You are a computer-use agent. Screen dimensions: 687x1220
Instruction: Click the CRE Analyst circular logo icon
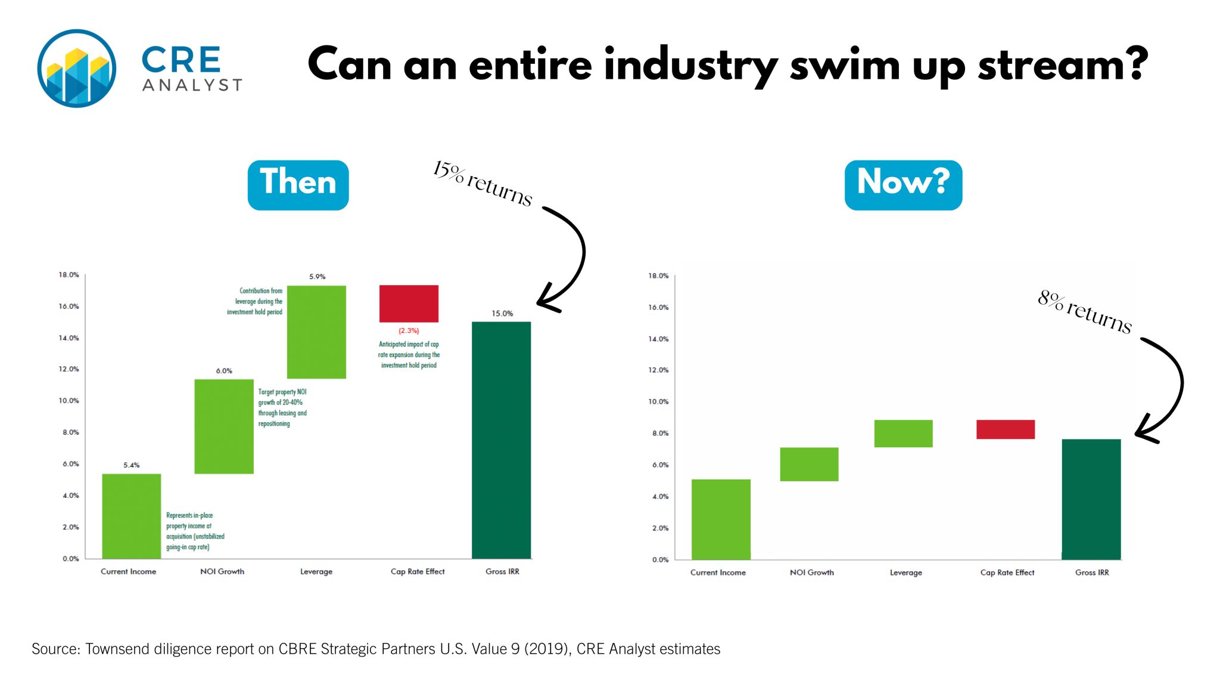pyautogui.click(x=76, y=68)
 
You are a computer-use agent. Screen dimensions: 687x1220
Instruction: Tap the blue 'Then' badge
pyautogui.click(x=298, y=185)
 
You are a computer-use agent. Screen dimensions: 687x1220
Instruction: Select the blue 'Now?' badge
pyautogui.click(x=902, y=185)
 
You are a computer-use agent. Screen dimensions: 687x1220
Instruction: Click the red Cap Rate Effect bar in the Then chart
pyautogui.click(x=409, y=304)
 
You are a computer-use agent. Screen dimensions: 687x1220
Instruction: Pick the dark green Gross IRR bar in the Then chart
pyautogui.click(x=501, y=440)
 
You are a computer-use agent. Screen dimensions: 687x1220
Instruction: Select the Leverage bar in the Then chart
pyautogui.click(x=316, y=332)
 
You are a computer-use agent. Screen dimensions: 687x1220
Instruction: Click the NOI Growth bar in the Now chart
pyautogui.click(x=809, y=464)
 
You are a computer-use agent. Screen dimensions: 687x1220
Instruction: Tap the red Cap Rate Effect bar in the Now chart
pyautogui.click(x=1005, y=429)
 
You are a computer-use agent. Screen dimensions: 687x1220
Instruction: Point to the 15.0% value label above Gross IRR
pyautogui.click(x=502, y=313)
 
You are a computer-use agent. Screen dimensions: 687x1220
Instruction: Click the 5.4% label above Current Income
pyautogui.click(x=132, y=465)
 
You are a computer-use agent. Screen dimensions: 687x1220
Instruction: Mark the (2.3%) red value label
pyautogui.click(x=409, y=330)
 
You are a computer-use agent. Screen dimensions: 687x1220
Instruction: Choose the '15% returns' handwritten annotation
pyautogui.click(x=483, y=182)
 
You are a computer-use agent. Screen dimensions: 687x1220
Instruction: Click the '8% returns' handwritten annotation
pyautogui.click(x=1084, y=312)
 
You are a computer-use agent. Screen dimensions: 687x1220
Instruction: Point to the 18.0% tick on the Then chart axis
pyautogui.click(x=69, y=275)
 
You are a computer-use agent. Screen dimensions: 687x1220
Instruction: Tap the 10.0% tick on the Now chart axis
pyautogui.click(x=658, y=402)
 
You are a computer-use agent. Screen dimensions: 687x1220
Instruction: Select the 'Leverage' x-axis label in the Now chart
pyautogui.click(x=905, y=572)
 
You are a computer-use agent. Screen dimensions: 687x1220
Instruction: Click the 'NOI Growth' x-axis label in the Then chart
pyautogui.click(x=222, y=571)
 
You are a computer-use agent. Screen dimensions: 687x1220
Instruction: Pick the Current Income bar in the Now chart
pyautogui.click(x=721, y=519)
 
